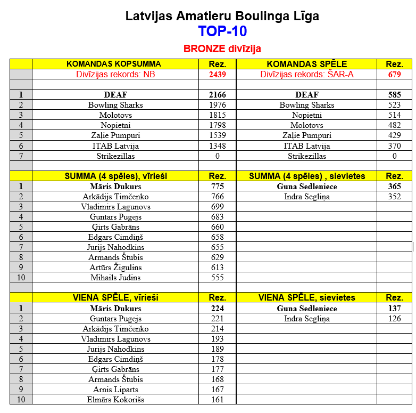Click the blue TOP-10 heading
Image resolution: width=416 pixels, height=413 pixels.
[222, 31]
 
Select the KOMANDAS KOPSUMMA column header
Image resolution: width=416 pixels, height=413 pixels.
[114, 64]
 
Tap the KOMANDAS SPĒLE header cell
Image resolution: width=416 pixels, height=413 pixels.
[307, 64]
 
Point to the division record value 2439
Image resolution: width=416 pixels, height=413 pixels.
[217, 75]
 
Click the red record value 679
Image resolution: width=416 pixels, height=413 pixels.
[394, 75]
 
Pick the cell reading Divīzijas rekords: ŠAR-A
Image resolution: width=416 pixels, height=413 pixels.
[307, 75]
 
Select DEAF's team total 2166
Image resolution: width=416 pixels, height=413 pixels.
[217, 95]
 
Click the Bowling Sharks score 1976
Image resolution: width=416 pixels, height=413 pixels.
[217, 105]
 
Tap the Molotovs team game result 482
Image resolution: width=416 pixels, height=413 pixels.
[394, 125]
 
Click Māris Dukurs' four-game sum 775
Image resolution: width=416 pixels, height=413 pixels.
[217, 187]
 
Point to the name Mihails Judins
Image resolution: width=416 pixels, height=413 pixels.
[115, 278]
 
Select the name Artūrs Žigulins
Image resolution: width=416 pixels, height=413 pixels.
[115, 268]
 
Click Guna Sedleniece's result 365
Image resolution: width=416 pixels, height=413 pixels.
[394, 187]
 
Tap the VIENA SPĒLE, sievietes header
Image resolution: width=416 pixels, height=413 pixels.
[307, 298]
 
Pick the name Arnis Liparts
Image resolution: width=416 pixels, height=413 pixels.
[115, 390]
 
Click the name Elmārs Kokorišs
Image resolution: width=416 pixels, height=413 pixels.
[115, 400]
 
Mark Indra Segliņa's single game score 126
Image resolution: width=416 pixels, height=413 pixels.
[394, 319]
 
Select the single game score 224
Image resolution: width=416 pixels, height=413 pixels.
[217, 309]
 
